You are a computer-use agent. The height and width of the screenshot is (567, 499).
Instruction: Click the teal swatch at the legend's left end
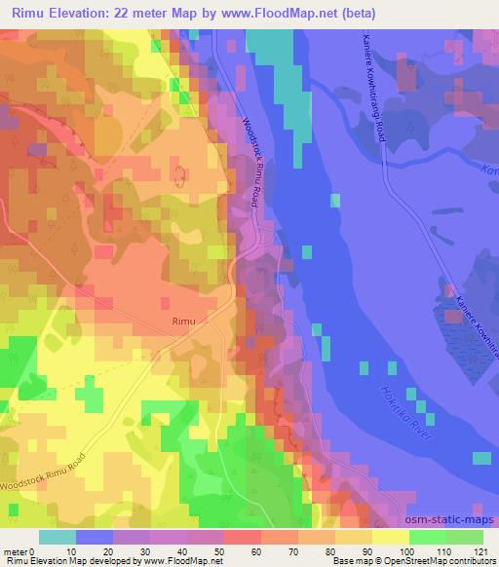click(x=58, y=537)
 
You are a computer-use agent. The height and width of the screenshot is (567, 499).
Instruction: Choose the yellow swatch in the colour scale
click(x=391, y=537)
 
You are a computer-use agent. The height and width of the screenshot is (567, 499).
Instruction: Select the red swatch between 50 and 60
click(x=243, y=537)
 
